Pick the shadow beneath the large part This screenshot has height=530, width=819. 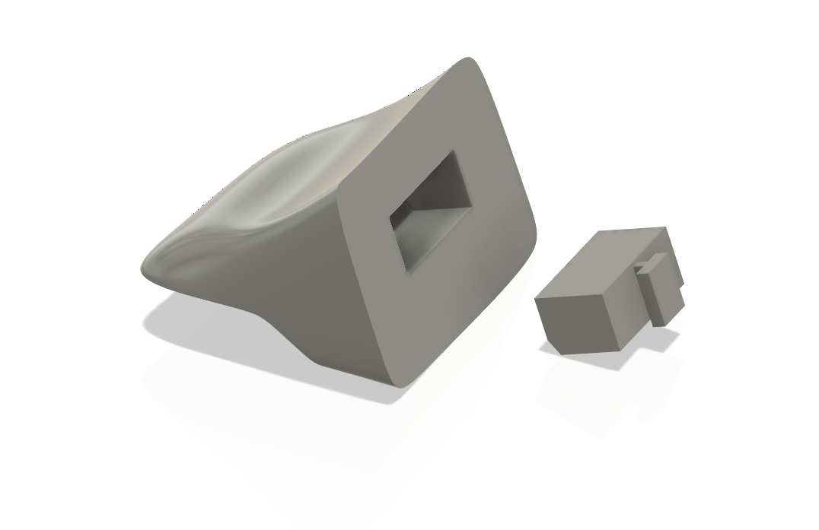click(x=228, y=335)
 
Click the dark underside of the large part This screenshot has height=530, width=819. click(x=304, y=304)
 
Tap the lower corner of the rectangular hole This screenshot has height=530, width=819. click(x=409, y=267)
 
